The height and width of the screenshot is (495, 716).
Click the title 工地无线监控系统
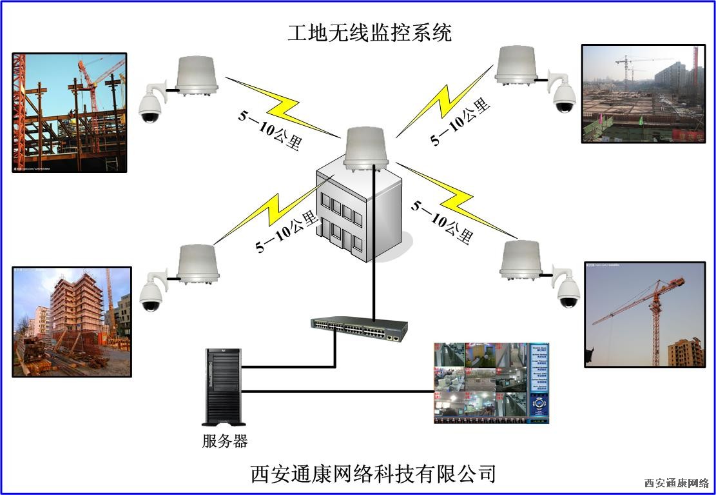369,33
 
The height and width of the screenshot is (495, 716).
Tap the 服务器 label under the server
224,442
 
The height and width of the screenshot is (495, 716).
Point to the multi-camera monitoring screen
491,383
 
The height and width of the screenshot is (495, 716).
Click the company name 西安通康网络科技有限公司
373,474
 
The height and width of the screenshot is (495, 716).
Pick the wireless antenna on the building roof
365,148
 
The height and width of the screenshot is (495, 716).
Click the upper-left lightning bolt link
284,106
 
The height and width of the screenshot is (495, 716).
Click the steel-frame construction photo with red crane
70,113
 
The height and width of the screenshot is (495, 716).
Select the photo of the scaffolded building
72,321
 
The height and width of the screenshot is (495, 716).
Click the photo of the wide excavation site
643,93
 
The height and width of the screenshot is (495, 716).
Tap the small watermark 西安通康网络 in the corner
676,483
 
